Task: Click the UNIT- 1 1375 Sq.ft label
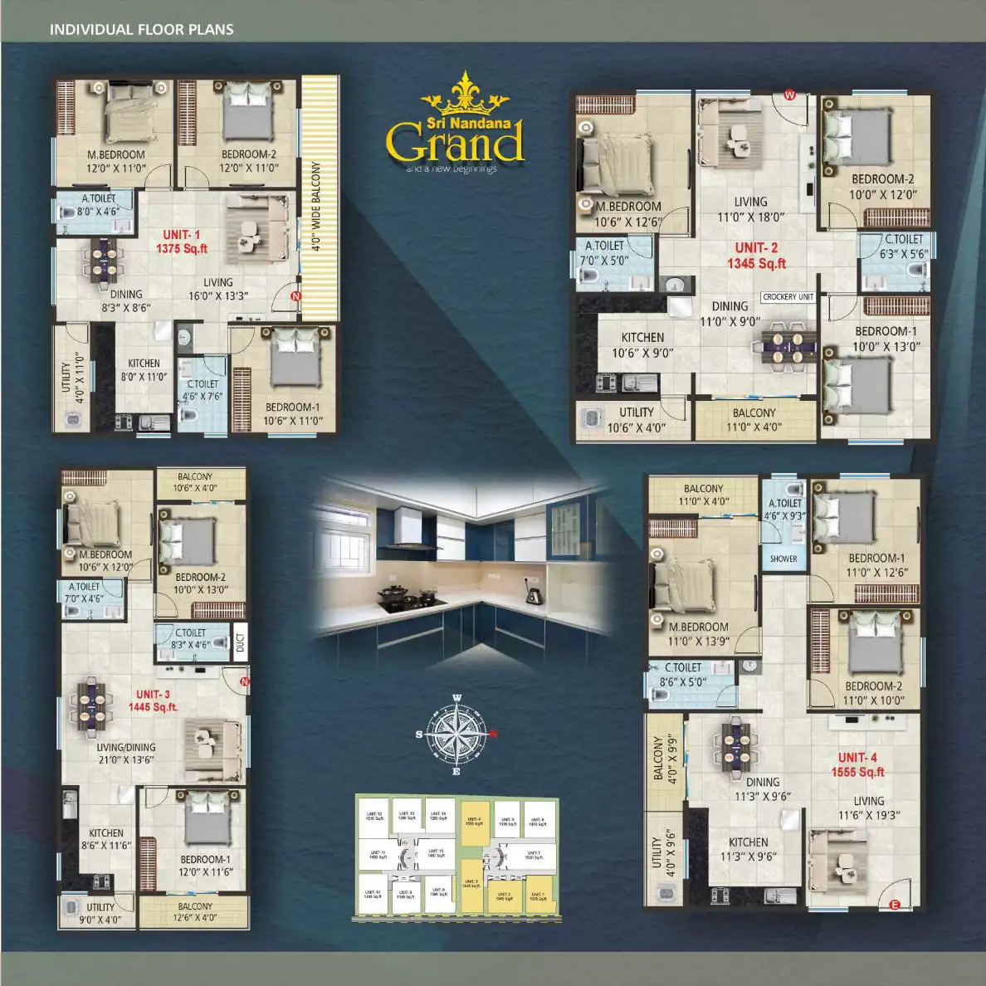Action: (x=182, y=242)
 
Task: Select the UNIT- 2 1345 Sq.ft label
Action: (x=756, y=256)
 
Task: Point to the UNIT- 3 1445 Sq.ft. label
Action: (x=153, y=700)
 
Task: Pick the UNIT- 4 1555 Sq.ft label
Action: (x=857, y=764)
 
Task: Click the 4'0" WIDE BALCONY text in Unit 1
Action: (x=315, y=206)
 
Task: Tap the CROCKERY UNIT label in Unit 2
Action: (x=788, y=296)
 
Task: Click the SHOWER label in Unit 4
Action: (x=783, y=559)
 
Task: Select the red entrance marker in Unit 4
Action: (x=895, y=905)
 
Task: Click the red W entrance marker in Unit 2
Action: (x=789, y=95)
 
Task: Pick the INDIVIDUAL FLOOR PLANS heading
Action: (x=142, y=30)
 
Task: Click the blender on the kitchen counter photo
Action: (x=533, y=593)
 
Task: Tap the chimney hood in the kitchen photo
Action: (x=408, y=531)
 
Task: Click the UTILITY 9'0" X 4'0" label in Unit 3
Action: (x=100, y=913)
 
